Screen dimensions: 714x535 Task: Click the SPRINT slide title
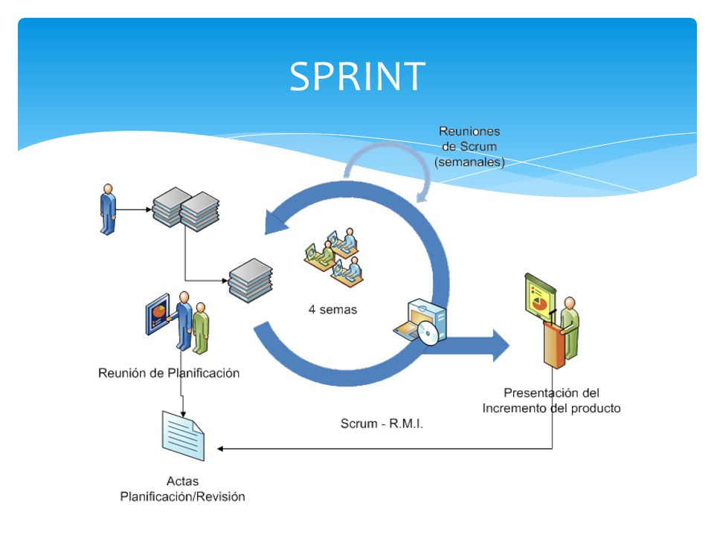[358, 77]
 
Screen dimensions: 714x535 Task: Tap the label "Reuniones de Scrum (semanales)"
[469, 146]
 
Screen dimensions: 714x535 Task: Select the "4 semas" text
[332, 309]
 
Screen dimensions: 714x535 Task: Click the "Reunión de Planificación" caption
[169, 373]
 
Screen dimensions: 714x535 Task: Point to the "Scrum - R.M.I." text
[382, 424]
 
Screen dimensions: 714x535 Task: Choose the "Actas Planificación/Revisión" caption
[183, 489]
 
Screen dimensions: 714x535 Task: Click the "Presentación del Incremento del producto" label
[551, 401]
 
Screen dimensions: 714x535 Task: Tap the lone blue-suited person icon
[108, 210]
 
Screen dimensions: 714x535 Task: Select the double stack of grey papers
[186, 210]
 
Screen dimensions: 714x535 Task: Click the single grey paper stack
[251, 280]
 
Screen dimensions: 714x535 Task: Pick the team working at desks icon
[333, 257]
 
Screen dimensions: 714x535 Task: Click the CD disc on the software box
[427, 334]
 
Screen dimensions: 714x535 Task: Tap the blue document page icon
[183, 436]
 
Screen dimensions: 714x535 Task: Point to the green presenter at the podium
[570, 328]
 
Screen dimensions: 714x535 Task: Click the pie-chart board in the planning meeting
[158, 314]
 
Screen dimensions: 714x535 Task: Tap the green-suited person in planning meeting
[200, 328]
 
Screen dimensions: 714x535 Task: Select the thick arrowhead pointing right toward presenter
[501, 346]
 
